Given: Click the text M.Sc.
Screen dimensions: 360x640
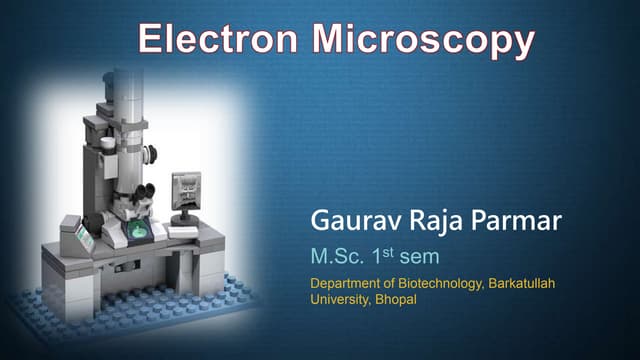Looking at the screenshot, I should (336, 256).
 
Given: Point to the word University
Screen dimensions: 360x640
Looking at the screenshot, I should (340, 300).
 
